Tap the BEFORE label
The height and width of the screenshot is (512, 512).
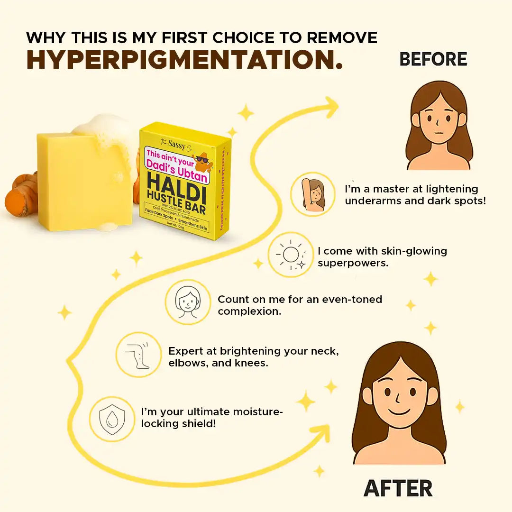coord(433,59)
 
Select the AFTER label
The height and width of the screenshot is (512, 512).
coord(398,488)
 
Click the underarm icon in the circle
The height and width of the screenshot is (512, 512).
coord(313,194)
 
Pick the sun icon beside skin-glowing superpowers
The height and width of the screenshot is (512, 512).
coord(291,255)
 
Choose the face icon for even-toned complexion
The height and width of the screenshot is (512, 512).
coord(187,302)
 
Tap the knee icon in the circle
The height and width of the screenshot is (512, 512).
coord(138,354)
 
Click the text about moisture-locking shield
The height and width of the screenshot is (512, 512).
coord(211,417)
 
